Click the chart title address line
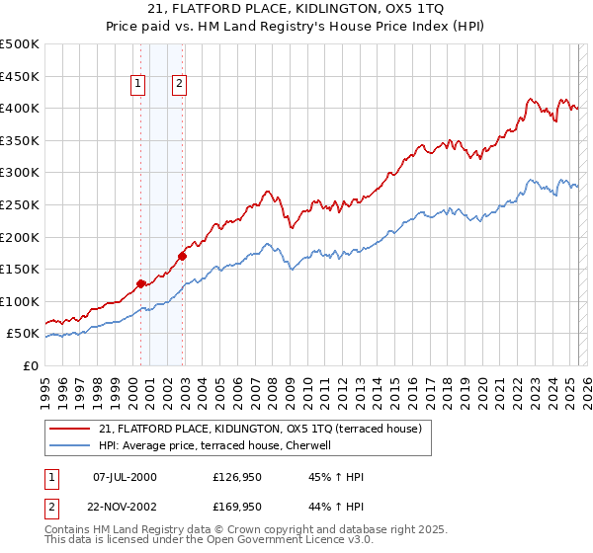[x=296, y=9]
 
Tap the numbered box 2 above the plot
[x=179, y=85]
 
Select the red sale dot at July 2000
[x=140, y=283]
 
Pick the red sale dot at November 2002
[x=182, y=256]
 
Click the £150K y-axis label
[x=20, y=269]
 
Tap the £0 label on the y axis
[x=33, y=365]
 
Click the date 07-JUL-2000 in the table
[x=125, y=477]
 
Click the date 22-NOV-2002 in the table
[x=125, y=508]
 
